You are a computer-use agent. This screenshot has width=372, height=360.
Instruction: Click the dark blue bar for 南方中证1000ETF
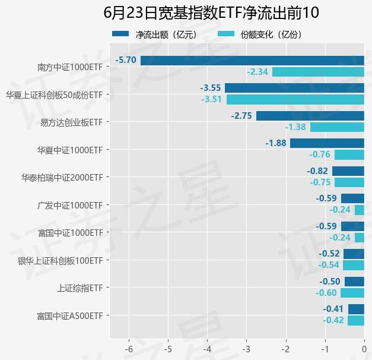pyautogui.click(x=252, y=60)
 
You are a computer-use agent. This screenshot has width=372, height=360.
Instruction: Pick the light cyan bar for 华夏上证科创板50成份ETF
pyautogui.click(x=295, y=99)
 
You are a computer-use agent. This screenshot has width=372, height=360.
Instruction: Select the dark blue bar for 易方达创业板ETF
pyautogui.click(x=310, y=115)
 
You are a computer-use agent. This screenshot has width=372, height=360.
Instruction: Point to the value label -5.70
pyautogui.click(x=126, y=60)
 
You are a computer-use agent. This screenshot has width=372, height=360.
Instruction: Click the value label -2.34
pyautogui.click(x=258, y=72)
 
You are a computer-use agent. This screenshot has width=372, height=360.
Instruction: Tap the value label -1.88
pyautogui.click(x=276, y=143)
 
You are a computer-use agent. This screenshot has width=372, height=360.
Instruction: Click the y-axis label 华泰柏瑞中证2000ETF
pyautogui.click(x=62, y=177)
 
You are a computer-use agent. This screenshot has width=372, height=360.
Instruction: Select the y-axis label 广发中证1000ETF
pyautogui.click(x=70, y=205)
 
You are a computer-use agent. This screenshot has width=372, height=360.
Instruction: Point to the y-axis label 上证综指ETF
pyautogui.click(x=80, y=288)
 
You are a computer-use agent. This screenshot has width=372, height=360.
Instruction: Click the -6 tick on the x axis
pyautogui.click(x=129, y=348)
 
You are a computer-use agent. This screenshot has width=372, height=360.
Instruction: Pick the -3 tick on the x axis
pyautogui.click(x=246, y=348)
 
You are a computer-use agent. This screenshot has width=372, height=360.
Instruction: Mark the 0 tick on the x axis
pyautogui.click(x=364, y=348)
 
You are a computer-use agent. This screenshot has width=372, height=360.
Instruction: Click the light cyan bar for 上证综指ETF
pyautogui.click(x=352, y=293)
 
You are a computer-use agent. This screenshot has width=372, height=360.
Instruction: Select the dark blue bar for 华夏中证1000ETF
pyautogui.click(x=327, y=143)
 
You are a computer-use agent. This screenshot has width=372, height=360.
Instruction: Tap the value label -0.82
pyautogui.click(x=317, y=171)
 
